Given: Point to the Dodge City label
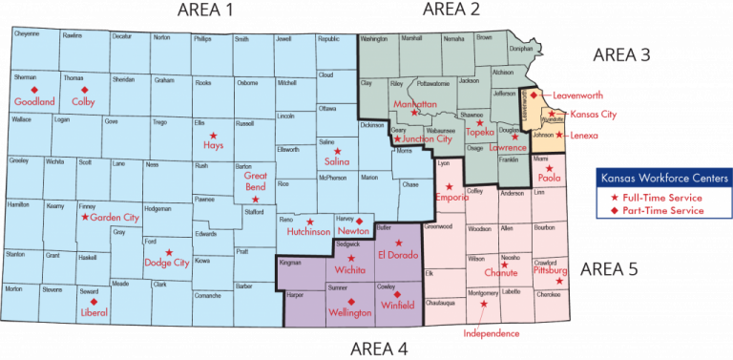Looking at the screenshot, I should pos(166,263).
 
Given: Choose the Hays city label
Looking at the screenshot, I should pos(213,145).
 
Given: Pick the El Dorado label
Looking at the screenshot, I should pos(398,255).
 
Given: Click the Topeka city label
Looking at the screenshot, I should pos(479,132).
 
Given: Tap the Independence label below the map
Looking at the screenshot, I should pos(492,335).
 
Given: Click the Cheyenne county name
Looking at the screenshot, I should pos(26,35).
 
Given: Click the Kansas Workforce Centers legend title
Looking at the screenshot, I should pos(662,178).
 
